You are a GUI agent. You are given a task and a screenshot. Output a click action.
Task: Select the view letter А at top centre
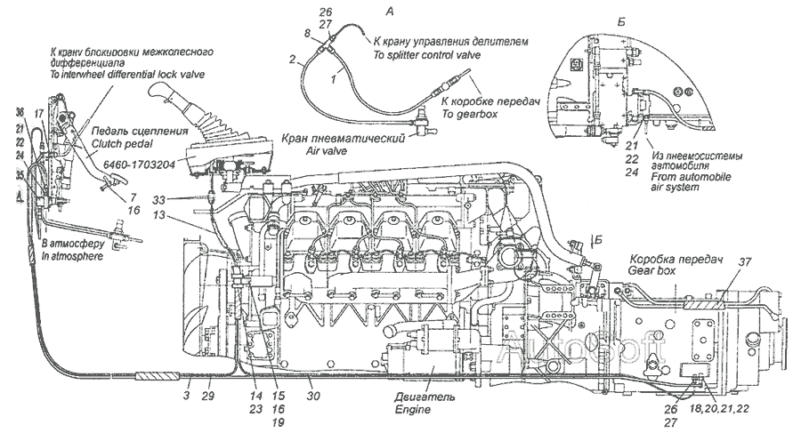click(389, 10)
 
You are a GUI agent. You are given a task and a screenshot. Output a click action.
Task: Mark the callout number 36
click(20, 111)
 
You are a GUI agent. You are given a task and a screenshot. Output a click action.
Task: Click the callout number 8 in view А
click(308, 33)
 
